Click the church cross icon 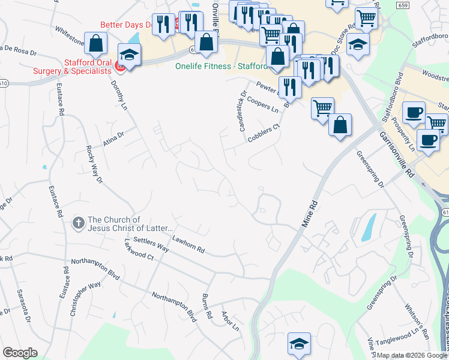pos(78,224)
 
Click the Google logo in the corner pos(20,353)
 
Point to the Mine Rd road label pos(308,214)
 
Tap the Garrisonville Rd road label pos(394,154)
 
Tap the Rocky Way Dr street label pos(94,164)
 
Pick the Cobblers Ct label pos(264,133)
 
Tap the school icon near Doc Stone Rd pos(358,44)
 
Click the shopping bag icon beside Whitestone pos(95,43)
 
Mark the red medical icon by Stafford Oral pos(119,68)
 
